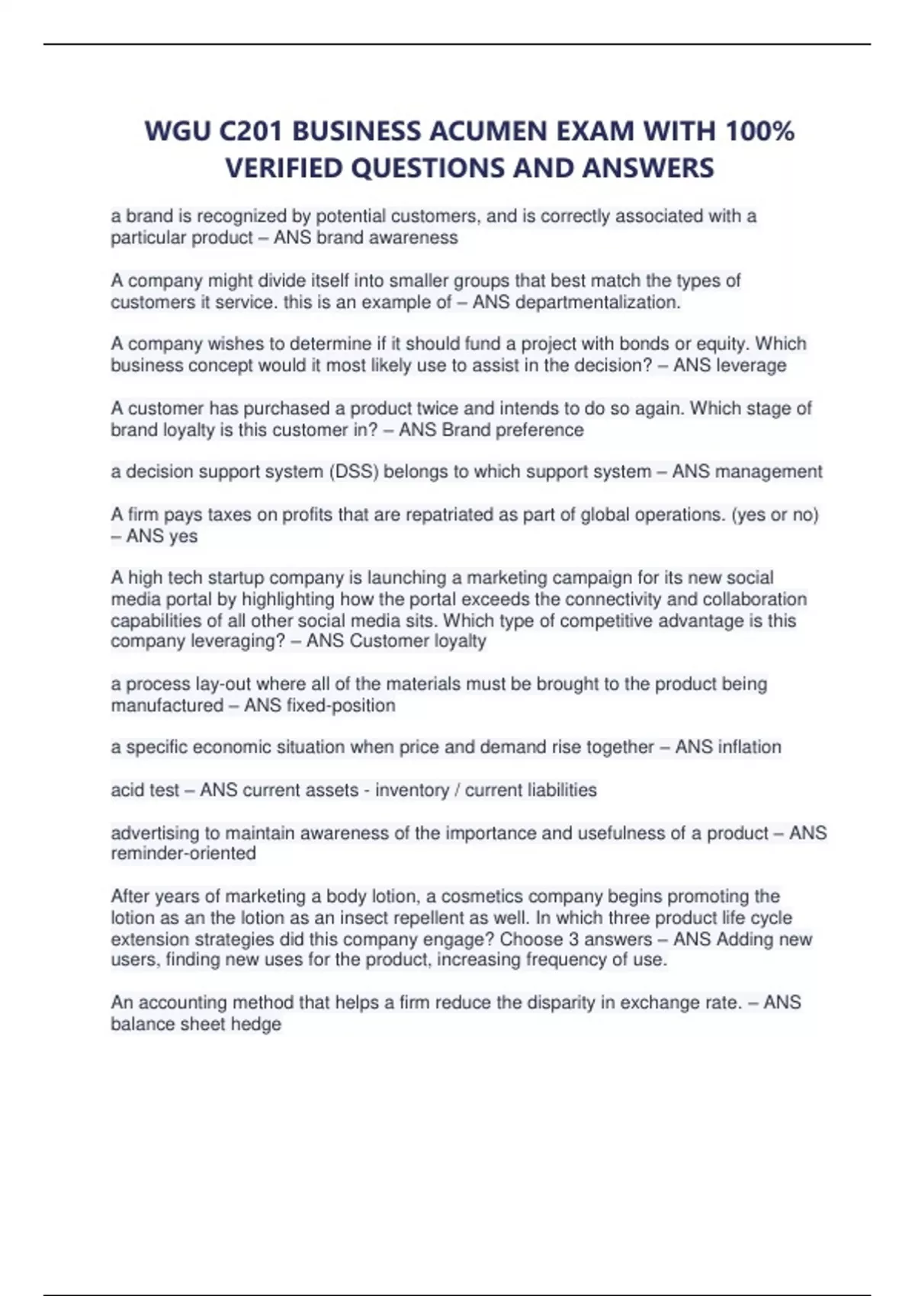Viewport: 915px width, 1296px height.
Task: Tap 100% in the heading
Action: pyautogui.click(x=759, y=132)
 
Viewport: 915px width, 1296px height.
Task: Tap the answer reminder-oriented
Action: pyautogui.click(x=183, y=853)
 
